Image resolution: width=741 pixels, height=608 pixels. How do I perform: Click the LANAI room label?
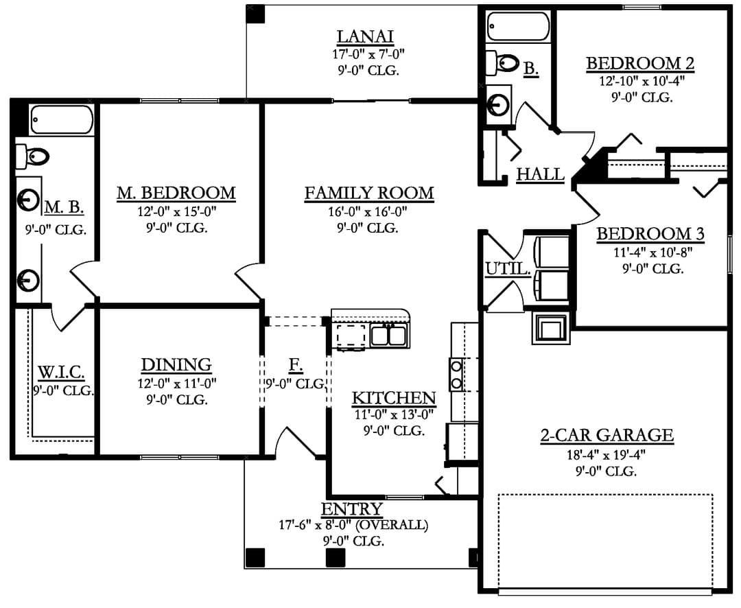click(x=365, y=36)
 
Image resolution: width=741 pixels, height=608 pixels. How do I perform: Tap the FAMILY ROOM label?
click(x=369, y=193)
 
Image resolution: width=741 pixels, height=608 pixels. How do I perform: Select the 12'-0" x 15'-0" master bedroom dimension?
click(x=177, y=211)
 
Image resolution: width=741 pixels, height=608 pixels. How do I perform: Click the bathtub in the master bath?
click(x=62, y=119)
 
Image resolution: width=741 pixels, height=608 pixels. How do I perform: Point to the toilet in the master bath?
click(x=32, y=156)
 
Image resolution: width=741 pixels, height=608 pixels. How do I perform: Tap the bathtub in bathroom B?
click(x=519, y=26)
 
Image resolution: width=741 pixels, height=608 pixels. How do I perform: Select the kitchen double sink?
click(x=388, y=335)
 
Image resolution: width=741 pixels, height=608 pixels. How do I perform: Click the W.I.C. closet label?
click(x=61, y=372)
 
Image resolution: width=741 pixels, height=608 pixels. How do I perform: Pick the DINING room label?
click(x=176, y=364)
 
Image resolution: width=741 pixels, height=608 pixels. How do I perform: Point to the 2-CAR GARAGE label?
click(x=607, y=435)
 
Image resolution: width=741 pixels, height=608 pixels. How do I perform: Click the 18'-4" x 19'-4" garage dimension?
click(x=607, y=455)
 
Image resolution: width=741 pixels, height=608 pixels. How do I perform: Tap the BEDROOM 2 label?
click(x=640, y=63)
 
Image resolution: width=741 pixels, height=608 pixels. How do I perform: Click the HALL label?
click(x=540, y=174)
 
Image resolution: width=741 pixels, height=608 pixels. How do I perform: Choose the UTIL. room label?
click(x=508, y=268)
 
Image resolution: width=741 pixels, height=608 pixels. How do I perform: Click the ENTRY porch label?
click(x=351, y=508)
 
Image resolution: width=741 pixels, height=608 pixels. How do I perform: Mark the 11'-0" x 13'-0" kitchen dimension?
click(x=394, y=414)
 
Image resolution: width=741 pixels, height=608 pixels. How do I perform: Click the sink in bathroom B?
click(x=499, y=103)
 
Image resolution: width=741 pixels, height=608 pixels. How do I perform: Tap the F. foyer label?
click(x=296, y=364)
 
